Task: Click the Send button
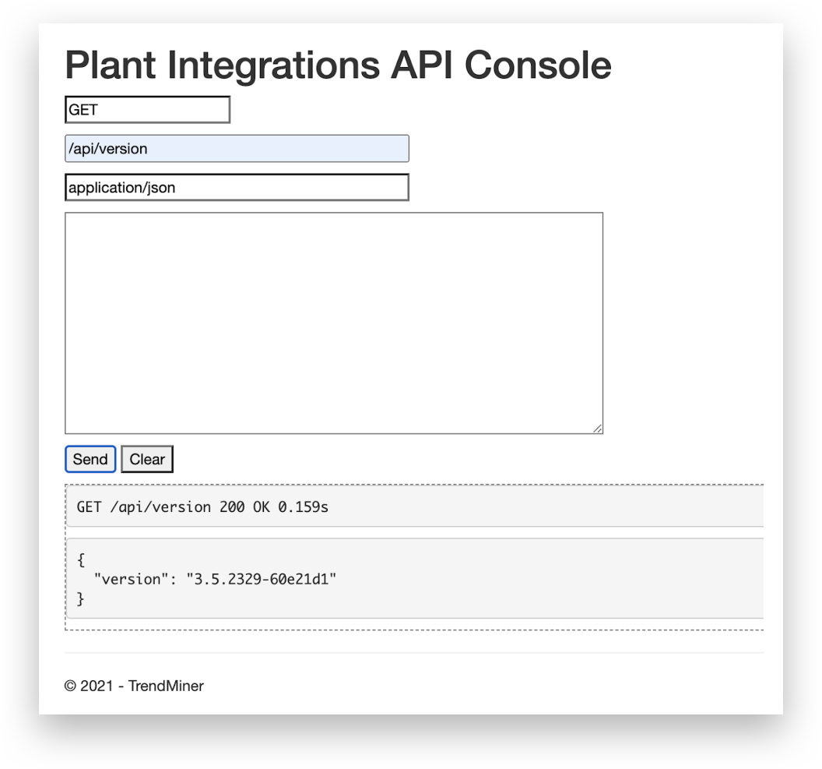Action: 90,459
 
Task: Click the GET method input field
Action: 147,110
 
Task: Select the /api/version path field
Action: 237,149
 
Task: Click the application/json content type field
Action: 237,187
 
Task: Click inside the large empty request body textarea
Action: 334,323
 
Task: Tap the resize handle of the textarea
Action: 598,429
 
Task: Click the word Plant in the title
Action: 111,65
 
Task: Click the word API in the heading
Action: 422,65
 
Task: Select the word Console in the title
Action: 538,65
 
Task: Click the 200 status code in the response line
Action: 232,506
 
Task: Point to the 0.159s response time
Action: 303,506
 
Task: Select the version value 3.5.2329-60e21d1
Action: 261,579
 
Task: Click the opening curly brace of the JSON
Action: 81,560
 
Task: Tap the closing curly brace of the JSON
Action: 81,598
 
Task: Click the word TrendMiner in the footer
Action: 166,686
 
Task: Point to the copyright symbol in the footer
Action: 70,686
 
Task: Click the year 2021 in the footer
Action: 97,686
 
